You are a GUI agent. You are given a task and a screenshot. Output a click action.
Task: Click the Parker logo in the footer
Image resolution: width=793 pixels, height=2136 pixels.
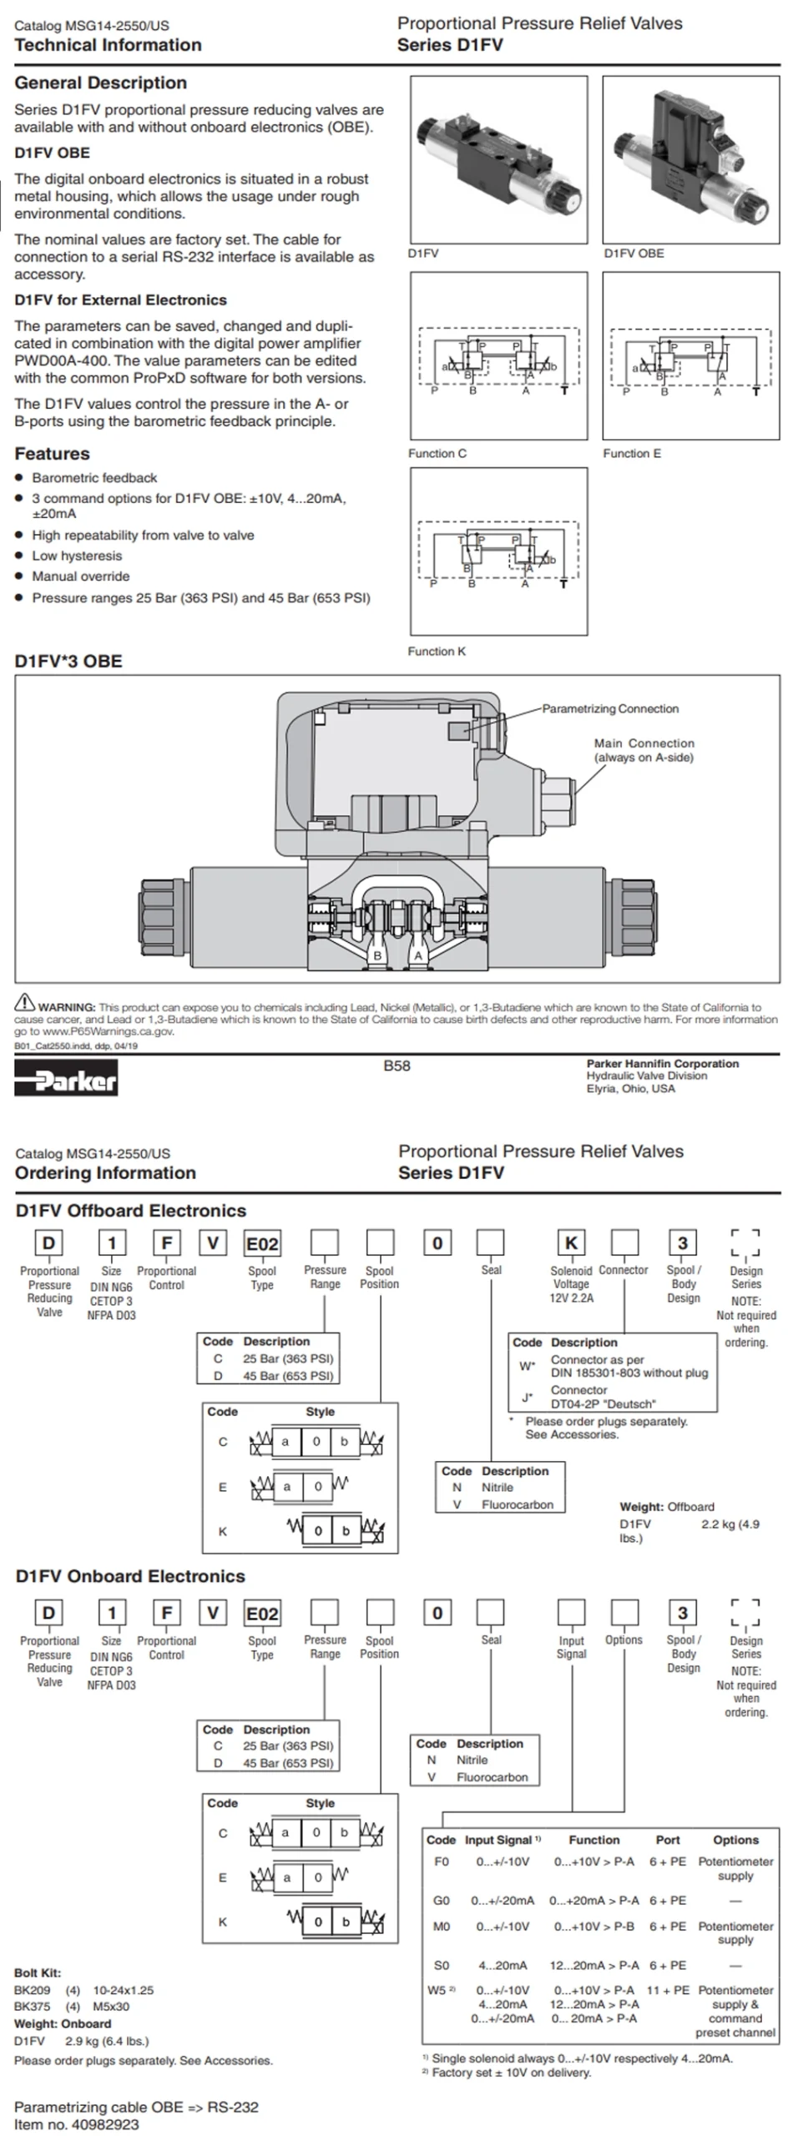66,1077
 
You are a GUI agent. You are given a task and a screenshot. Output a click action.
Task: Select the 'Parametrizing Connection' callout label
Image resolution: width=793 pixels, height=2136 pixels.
610,708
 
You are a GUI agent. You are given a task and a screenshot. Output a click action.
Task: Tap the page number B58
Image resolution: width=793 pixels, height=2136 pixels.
396,1065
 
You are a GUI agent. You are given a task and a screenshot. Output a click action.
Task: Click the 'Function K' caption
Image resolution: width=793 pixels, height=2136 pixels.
437,651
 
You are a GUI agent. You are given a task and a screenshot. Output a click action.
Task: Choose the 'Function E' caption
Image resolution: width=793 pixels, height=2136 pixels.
632,453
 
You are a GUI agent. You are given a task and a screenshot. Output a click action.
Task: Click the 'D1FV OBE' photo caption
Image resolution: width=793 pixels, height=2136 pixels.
634,253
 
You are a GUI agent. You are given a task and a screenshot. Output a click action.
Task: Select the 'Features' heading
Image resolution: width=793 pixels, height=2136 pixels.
52,454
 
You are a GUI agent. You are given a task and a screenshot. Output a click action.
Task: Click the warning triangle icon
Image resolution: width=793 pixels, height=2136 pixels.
25,1002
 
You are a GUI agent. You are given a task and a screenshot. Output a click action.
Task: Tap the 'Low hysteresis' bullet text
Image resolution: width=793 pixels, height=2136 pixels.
77,556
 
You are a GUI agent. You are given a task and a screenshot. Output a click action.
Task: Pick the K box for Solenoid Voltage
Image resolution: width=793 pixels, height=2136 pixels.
571,1242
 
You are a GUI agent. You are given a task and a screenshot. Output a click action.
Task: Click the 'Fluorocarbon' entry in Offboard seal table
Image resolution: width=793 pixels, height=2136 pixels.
517,1504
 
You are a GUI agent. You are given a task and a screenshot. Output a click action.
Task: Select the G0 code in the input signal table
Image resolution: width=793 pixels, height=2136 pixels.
442,1900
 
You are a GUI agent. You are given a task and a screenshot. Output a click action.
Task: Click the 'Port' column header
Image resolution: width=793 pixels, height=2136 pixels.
668,1839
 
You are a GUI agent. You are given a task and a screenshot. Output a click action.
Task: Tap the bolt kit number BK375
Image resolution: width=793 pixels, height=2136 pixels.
32,2006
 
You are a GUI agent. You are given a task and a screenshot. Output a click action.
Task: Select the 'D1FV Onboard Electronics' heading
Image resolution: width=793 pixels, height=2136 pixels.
130,1576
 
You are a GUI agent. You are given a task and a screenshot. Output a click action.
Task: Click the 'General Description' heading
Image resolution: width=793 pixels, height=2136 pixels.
100,83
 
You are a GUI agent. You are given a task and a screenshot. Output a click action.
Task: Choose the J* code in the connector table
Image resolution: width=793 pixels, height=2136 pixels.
527,1397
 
